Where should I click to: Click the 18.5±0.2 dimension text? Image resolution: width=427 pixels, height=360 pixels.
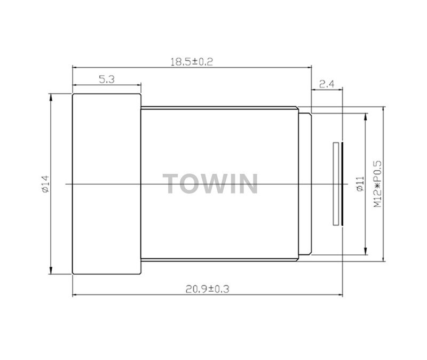pyautogui.click(x=192, y=62)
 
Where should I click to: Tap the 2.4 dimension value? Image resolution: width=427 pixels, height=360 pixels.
pyautogui.click(x=326, y=83)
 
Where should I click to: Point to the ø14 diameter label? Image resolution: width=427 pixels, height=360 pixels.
pyautogui.click(x=45, y=184)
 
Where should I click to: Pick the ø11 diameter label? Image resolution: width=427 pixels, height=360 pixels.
pyautogui.click(x=359, y=184)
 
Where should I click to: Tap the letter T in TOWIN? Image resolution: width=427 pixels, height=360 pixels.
pyautogui.click(x=173, y=184)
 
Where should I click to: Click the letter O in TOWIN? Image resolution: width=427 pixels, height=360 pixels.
pyautogui.click(x=194, y=184)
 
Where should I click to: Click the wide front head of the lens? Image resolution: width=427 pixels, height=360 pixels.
pyautogui.click(x=107, y=184)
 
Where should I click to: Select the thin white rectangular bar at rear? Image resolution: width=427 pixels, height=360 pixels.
pyautogui.click(x=335, y=183)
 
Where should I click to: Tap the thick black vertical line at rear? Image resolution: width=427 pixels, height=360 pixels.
pyautogui.click(x=341, y=183)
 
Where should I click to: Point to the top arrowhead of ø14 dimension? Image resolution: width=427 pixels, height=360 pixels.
pyautogui.click(x=51, y=97)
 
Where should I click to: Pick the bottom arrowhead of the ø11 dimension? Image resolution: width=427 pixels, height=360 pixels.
pyautogui.click(x=365, y=252)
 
